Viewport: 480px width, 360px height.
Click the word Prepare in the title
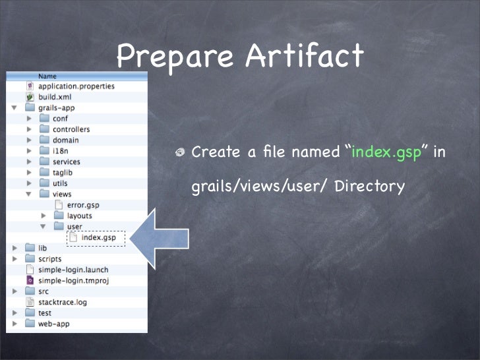pyautogui.click(x=173, y=57)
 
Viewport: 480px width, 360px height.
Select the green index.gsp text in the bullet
pyautogui.click(x=386, y=152)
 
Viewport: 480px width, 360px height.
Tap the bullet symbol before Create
pyautogui.click(x=179, y=154)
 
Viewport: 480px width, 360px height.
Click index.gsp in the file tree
pyautogui.click(x=98, y=237)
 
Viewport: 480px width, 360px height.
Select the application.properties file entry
pyautogui.click(x=76, y=86)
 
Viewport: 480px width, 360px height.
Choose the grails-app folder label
pyautogui.click(x=57, y=107)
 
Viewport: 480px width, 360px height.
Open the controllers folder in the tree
pyautogui.click(x=71, y=129)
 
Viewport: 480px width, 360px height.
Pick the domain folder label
pyautogui.click(x=65, y=140)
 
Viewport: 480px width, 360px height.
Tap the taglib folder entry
pyautogui.click(x=65, y=173)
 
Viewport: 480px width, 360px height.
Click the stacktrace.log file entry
pyautogui.click(x=63, y=302)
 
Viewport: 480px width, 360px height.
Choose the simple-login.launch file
pyautogui.click(x=73, y=270)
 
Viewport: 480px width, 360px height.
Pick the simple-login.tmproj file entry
pyautogui.click(x=73, y=280)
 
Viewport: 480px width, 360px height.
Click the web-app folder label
pyautogui.click(x=53, y=324)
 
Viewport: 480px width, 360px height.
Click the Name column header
pyautogui.click(x=47, y=76)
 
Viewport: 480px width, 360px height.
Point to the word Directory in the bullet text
pyautogui.click(x=369, y=187)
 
